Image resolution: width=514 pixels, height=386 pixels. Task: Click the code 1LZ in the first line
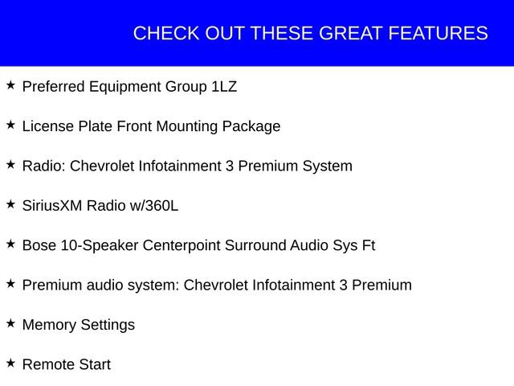224,87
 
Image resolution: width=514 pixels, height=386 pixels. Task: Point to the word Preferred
53,87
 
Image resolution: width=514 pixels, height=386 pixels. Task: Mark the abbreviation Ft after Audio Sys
368,245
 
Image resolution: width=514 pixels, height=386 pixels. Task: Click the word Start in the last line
95,364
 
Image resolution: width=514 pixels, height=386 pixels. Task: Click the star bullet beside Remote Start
10,363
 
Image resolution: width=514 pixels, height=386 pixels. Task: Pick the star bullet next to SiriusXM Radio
10,204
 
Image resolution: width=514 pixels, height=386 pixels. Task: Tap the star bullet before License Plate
10,125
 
